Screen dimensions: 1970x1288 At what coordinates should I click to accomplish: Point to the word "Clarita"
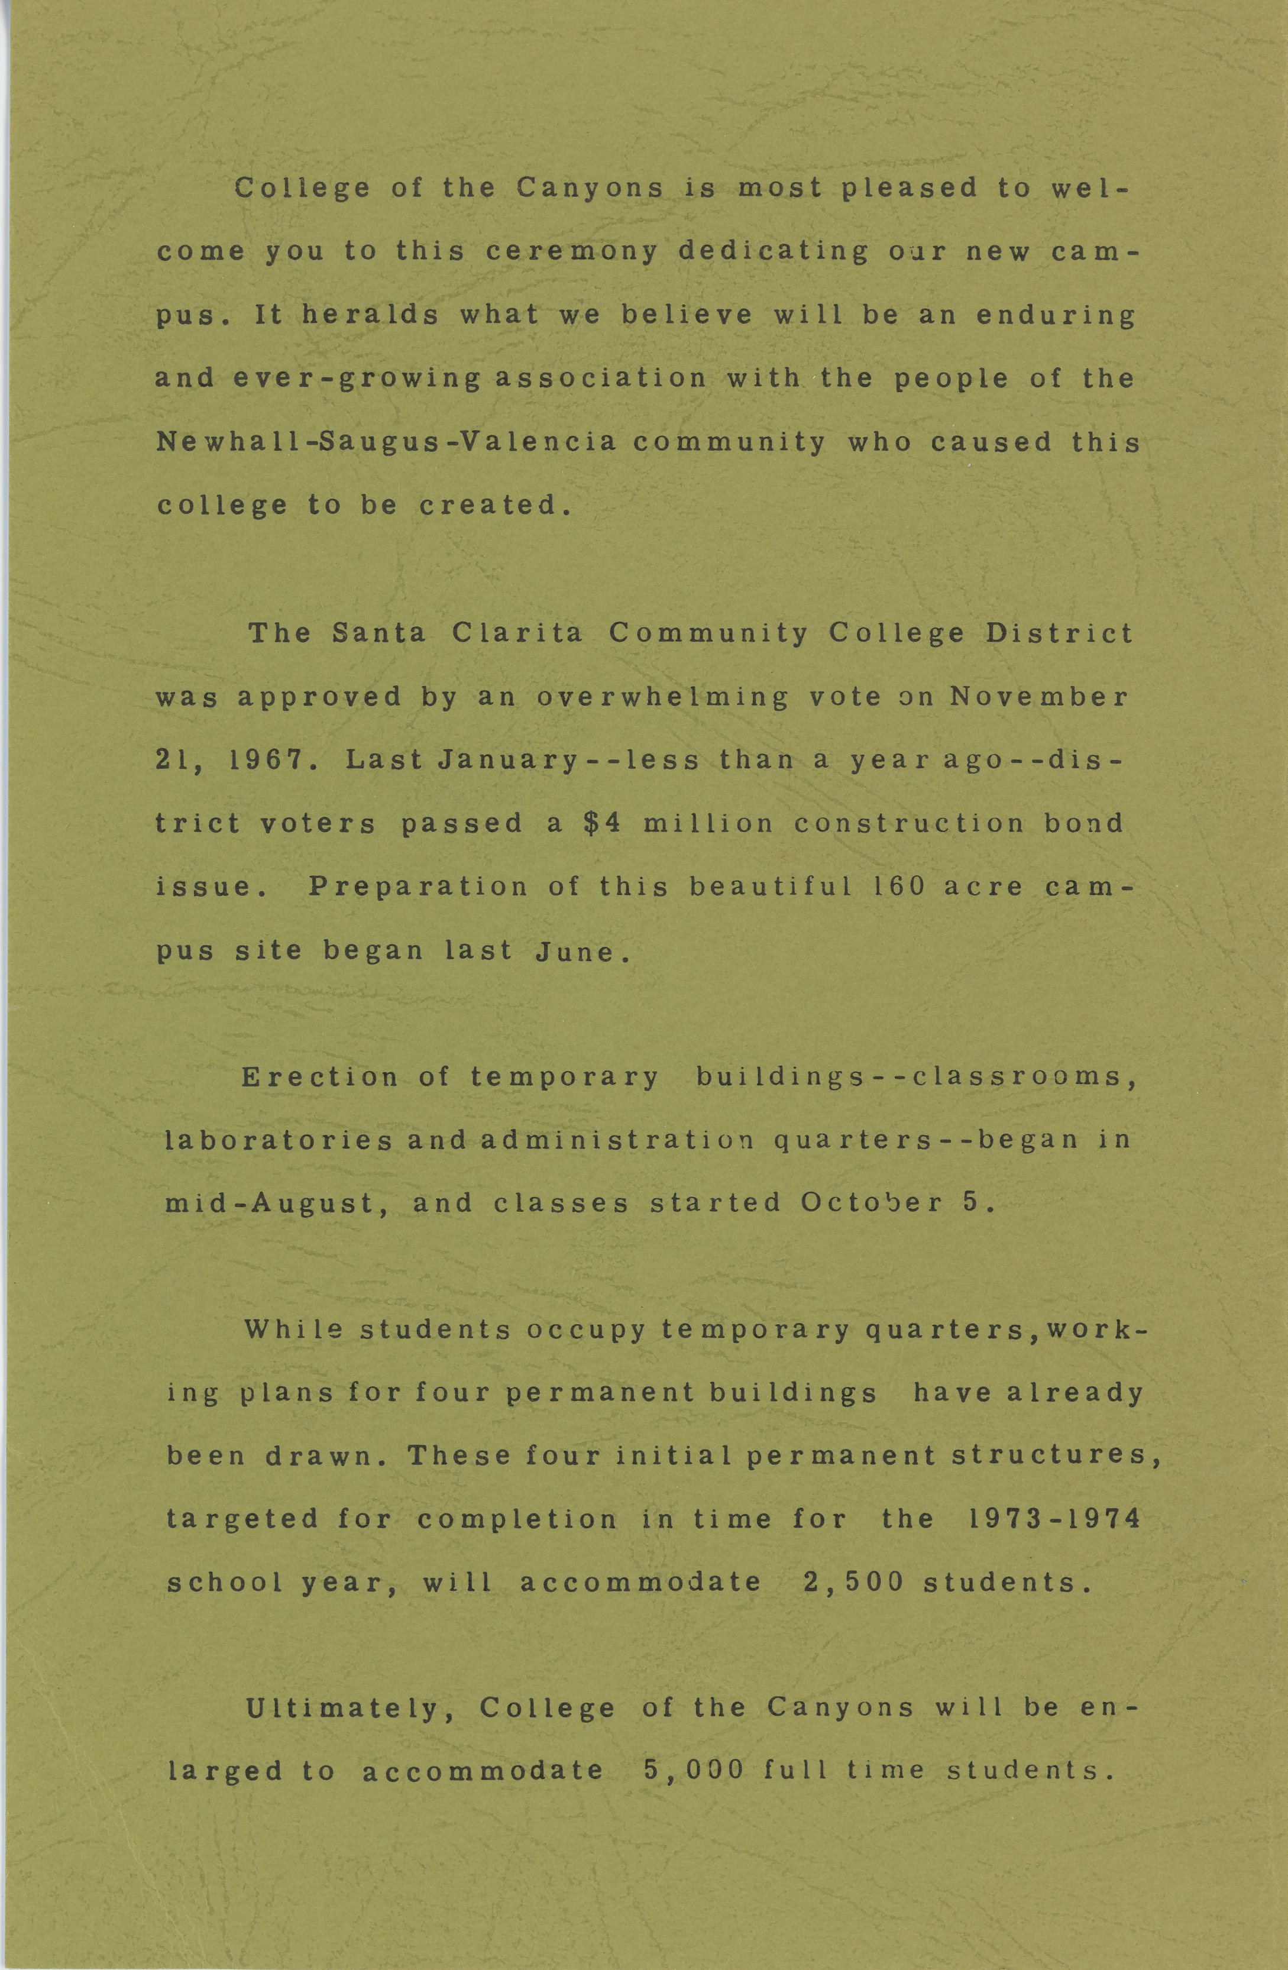coord(517,633)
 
